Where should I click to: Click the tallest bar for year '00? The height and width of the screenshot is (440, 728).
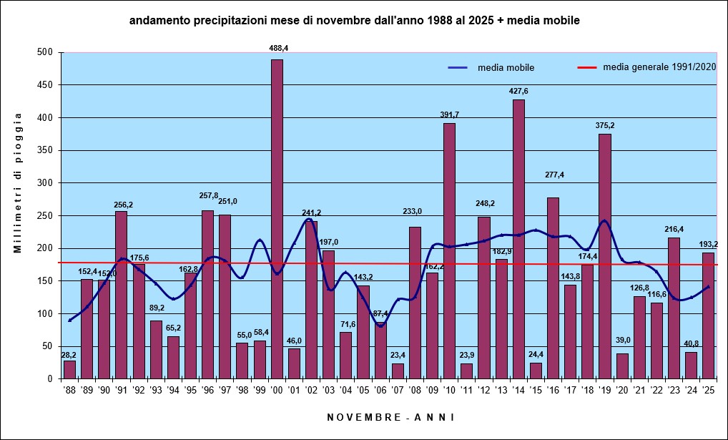click(x=277, y=219)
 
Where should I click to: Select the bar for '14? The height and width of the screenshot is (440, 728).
click(x=518, y=239)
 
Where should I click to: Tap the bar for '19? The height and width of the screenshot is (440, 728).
click(x=605, y=256)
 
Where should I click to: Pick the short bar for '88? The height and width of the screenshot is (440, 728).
click(x=69, y=369)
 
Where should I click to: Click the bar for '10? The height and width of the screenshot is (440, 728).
click(x=449, y=251)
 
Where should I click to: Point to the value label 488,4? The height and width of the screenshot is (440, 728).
click(x=279, y=48)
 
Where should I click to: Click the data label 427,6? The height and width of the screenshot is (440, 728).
click(x=518, y=91)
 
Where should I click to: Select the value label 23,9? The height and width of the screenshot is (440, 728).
click(x=466, y=355)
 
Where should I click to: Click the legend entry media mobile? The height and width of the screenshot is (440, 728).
click(x=491, y=68)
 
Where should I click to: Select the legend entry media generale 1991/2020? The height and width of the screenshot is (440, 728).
click(x=646, y=67)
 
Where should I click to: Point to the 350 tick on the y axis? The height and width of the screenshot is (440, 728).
click(x=49, y=150)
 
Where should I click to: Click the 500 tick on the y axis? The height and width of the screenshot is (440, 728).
click(x=49, y=52)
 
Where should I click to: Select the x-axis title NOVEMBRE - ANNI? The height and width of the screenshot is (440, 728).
click(x=390, y=417)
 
